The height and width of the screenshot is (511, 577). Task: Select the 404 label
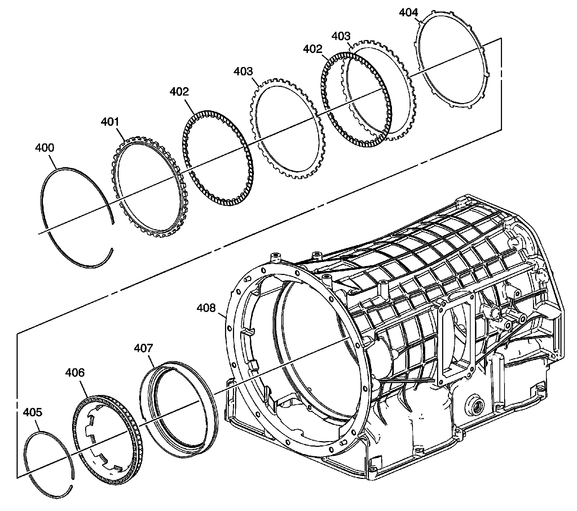coord(409,13)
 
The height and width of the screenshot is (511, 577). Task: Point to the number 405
coord(33,412)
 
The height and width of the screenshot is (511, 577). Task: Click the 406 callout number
coord(75,372)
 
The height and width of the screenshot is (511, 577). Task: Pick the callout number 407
coord(143,348)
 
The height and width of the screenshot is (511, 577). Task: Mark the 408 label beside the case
coord(206,308)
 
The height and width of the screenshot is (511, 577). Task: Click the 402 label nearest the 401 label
coord(179,92)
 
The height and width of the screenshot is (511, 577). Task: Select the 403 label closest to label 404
coord(341,36)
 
